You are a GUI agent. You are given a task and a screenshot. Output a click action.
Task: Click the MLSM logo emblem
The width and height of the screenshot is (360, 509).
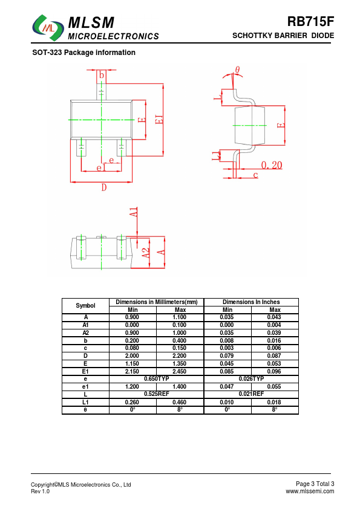click(x=48, y=28)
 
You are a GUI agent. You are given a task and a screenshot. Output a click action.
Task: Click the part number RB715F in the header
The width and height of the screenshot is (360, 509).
click(x=310, y=22)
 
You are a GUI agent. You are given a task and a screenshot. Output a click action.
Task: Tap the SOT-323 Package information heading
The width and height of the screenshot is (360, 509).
click(x=84, y=53)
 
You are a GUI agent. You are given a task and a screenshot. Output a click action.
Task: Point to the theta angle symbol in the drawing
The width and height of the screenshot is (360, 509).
click(x=238, y=70)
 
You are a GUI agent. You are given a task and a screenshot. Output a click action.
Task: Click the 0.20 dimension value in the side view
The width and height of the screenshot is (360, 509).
click(x=272, y=165)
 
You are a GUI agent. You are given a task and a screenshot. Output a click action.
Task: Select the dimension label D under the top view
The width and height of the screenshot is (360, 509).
click(x=104, y=187)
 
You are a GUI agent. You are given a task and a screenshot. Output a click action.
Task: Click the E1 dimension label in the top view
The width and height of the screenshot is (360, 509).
click(x=159, y=120)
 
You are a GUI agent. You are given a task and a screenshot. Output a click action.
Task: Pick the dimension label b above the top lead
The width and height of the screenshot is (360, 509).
click(x=102, y=76)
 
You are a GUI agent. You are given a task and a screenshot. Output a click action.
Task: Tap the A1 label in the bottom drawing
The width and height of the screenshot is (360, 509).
click(x=134, y=212)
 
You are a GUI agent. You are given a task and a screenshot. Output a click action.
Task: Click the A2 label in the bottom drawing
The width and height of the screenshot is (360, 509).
click(x=146, y=253)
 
